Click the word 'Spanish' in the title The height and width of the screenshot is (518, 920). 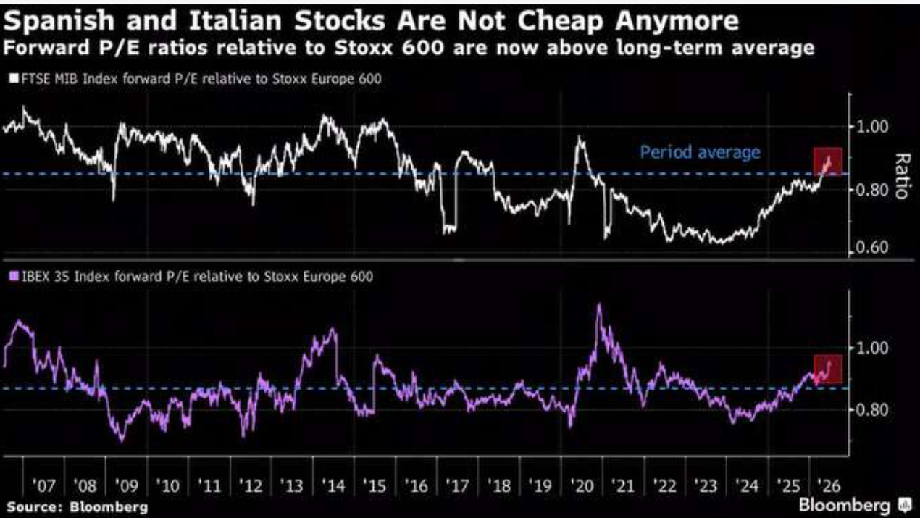tap(59, 21)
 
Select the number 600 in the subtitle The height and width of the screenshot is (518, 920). tap(422, 48)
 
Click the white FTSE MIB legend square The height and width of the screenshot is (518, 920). tap(14, 78)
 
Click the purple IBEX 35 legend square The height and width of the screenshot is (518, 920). tap(14, 275)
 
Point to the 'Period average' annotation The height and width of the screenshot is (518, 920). tap(701, 153)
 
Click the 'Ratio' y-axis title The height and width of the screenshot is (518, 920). tap(903, 176)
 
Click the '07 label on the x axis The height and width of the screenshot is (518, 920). tap(43, 486)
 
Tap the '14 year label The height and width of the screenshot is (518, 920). tap(333, 486)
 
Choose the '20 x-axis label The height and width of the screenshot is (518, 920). tap(582, 486)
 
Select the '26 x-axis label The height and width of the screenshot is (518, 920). tap(829, 486)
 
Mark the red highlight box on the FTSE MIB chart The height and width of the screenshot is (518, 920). tap(828, 162)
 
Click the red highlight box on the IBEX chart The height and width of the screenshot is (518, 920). tap(828, 369)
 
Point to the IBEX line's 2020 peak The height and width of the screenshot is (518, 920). tap(599, 305)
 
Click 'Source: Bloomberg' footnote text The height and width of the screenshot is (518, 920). tap(78, 507)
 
